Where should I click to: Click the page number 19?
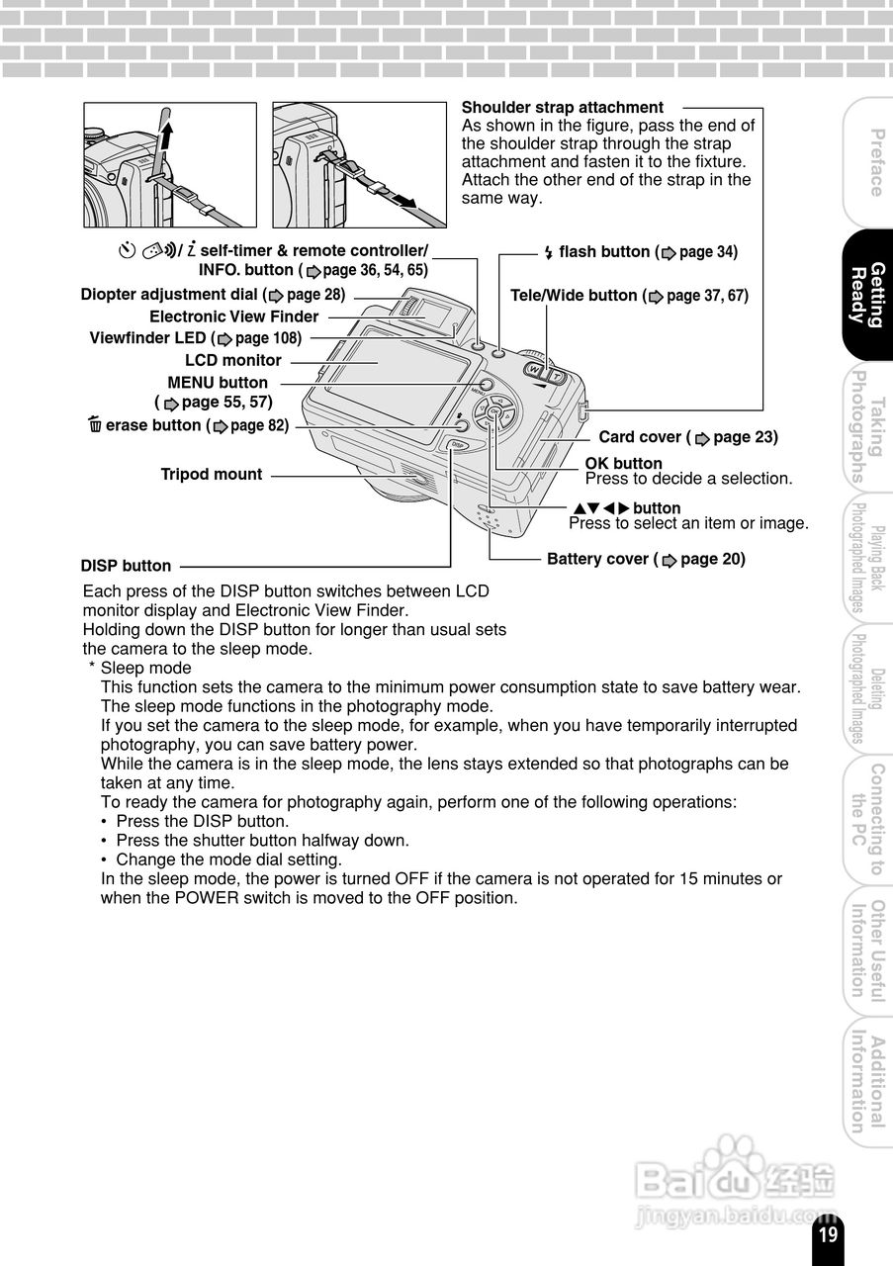coord(828,1233)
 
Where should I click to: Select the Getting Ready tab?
coord(867,295)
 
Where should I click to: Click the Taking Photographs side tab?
coord(867,426)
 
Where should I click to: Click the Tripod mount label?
coord(211,475)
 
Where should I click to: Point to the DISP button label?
coord(126,567)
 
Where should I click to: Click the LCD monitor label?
coord(232,361)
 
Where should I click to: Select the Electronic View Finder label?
coord(233,317)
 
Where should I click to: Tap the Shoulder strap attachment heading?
coord(562,108)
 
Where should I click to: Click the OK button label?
coord(623,464)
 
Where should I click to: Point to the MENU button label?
coord(218,383)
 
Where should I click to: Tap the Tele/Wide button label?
coord(629,296)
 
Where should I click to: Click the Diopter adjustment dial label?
coord(213,295)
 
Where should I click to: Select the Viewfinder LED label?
coord(195,338)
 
